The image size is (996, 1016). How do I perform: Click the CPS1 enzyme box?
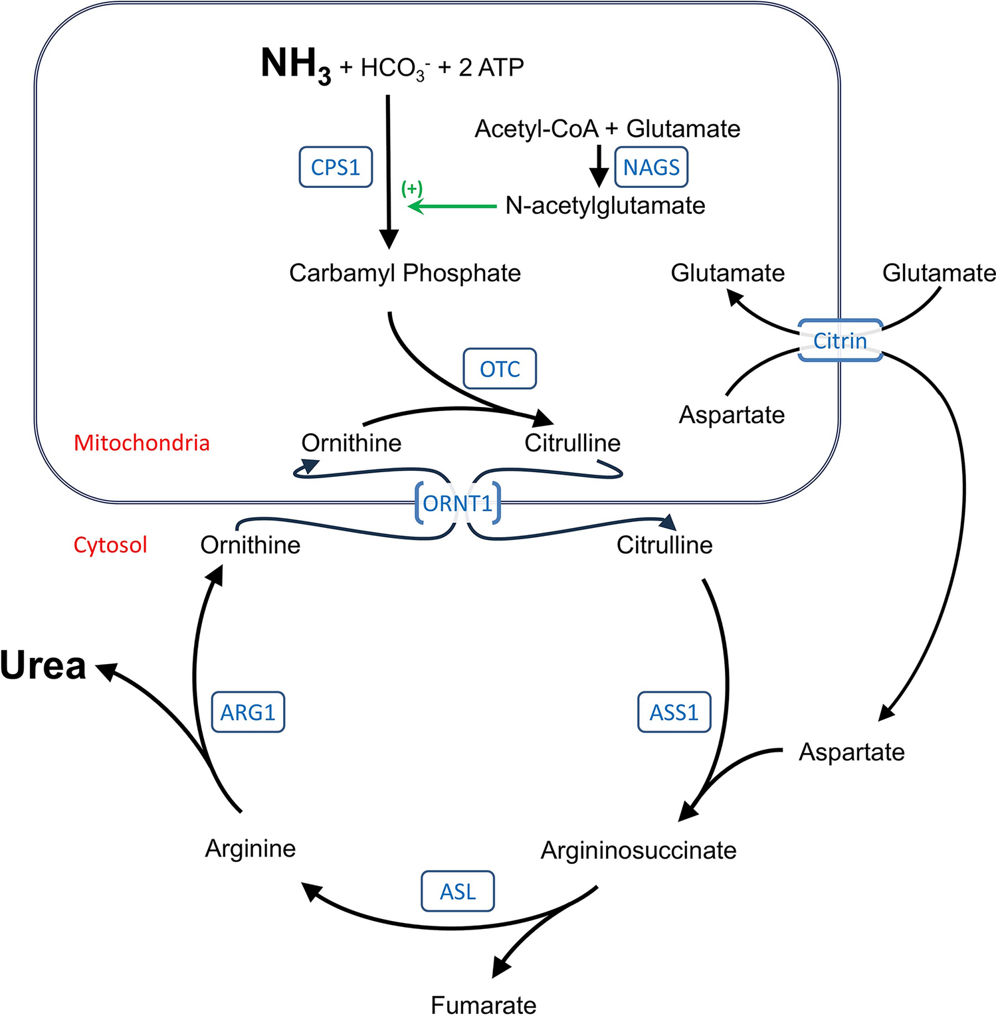coord(336,167)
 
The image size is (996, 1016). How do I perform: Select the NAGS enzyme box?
coord(651,167)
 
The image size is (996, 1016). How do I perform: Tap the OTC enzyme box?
coord(500,369)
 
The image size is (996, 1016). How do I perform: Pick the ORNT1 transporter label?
coord(458,504)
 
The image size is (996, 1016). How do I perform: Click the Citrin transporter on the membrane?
coord(840,341)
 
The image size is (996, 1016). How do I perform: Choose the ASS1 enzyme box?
coord(674,713)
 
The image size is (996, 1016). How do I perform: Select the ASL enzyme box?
coord(458,891)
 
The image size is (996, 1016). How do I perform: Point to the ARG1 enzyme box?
coord(248,713)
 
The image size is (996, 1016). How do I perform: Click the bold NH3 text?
coord(296,65)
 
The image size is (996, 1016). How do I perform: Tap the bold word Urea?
coord(43,666)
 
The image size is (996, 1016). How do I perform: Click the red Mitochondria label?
coord(142,443)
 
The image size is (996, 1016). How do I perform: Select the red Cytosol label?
coord(110,545)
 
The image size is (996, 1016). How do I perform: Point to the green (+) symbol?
coord(412,189)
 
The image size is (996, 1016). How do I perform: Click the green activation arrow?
coord(452,207)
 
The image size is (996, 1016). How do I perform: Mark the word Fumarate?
coord(483,1005)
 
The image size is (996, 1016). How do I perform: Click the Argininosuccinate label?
coord(638,851)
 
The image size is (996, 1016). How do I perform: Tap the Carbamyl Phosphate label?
coord(405,273)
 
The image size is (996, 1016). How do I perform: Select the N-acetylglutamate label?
coord(605,206)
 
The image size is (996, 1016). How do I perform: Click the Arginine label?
coord(250,849)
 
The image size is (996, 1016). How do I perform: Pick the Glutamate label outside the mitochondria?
coord(938,273)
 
